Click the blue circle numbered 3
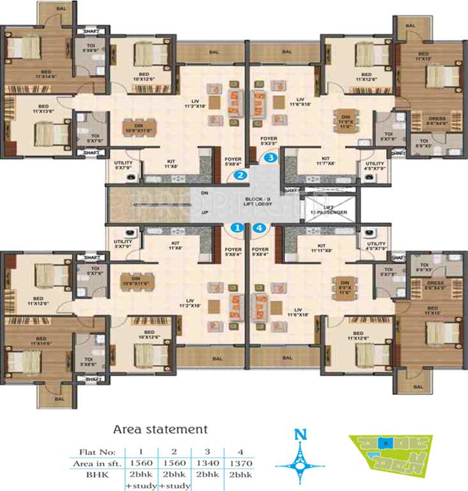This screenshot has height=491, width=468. [271, 157]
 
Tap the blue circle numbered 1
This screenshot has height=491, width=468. [237, 227]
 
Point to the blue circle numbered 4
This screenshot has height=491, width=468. [259, 227]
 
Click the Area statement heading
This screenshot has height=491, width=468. [160, 428]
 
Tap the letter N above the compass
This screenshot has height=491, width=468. [298, 436]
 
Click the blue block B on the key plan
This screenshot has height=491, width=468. [382, 442]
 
